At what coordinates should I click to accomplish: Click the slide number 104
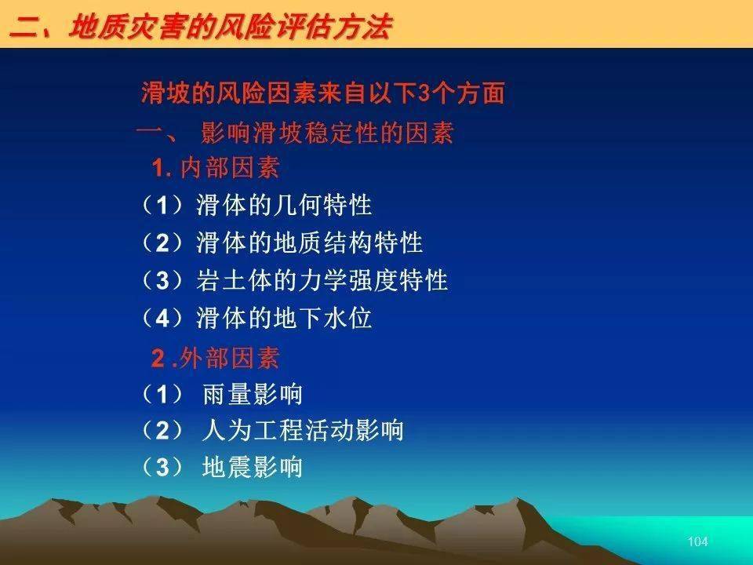[697, 541]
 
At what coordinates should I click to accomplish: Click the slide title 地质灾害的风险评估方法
[230, 27]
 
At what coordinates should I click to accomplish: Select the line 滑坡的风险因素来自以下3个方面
[322, 93]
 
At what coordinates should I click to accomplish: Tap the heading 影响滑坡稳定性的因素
[327, 133]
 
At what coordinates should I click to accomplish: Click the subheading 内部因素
[230, 168]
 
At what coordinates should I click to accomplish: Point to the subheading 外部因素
[230, 358]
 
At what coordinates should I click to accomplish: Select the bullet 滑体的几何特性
[284, 205]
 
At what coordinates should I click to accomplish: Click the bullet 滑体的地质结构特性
[309, 242]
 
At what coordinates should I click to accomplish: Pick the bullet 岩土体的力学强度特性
[322, 280]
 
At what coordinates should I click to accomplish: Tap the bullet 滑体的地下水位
[284, 318]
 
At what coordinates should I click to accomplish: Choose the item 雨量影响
[252, 395]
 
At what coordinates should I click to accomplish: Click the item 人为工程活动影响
[303, 430]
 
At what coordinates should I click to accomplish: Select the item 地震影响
[252, 467]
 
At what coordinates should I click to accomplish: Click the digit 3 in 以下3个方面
[424, 93]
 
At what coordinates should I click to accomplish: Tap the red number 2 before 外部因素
[158, 359]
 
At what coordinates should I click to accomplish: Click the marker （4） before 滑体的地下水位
[162, 318]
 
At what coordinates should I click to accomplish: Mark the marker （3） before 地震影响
[162, 467]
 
